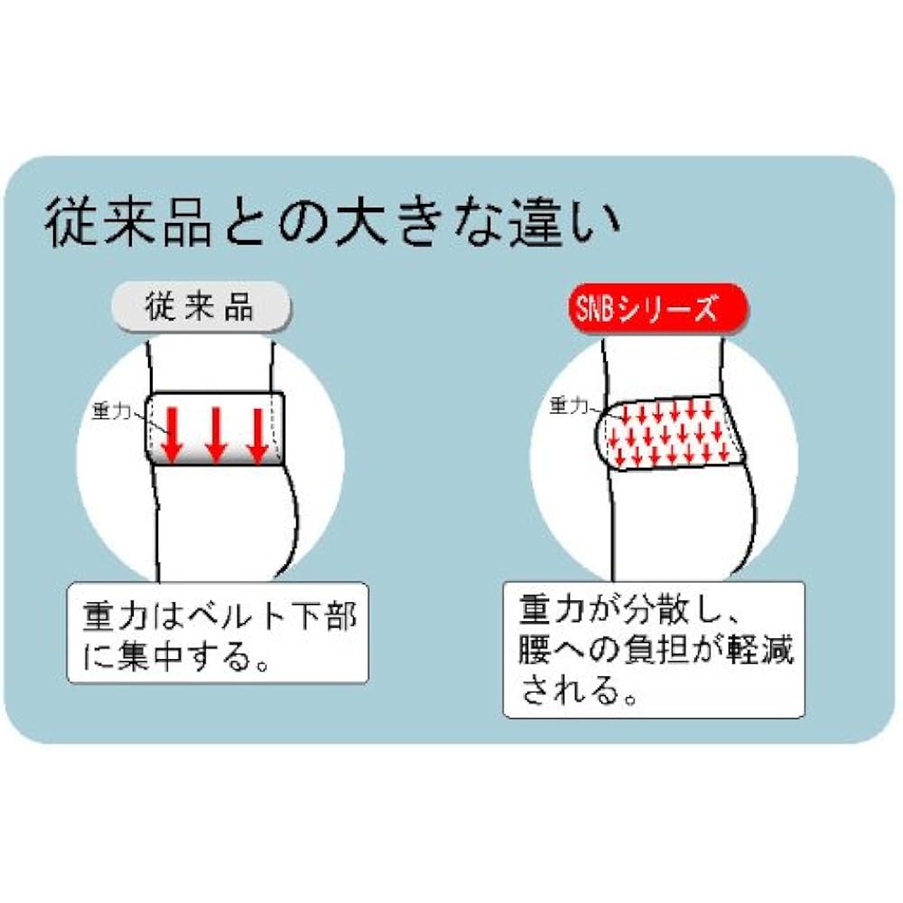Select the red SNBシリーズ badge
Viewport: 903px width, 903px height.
[645, 310]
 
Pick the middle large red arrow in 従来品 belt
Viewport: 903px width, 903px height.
[215, 434]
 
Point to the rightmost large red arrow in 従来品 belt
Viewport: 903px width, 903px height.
[257, 434]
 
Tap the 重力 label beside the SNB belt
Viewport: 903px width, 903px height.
[568, 405]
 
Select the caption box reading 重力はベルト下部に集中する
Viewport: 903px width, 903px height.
[219, 631]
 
